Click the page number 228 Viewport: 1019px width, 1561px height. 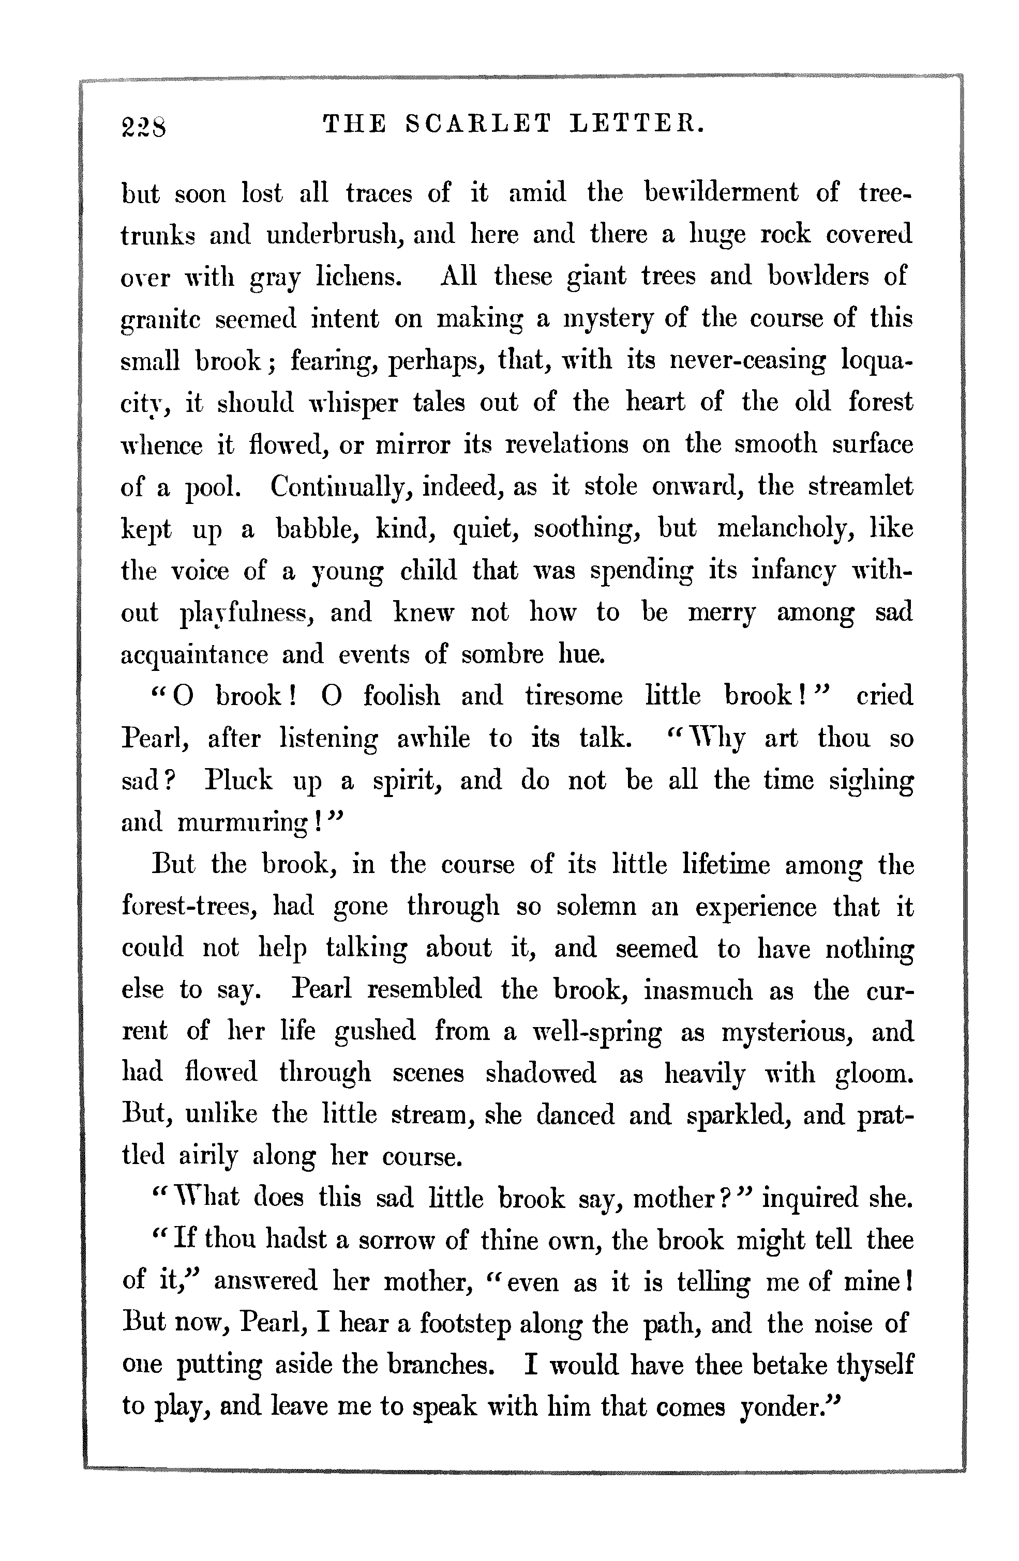coord(144,125)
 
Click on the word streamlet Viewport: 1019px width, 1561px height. coord(860,487)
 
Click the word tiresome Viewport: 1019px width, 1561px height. coord(574,696)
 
